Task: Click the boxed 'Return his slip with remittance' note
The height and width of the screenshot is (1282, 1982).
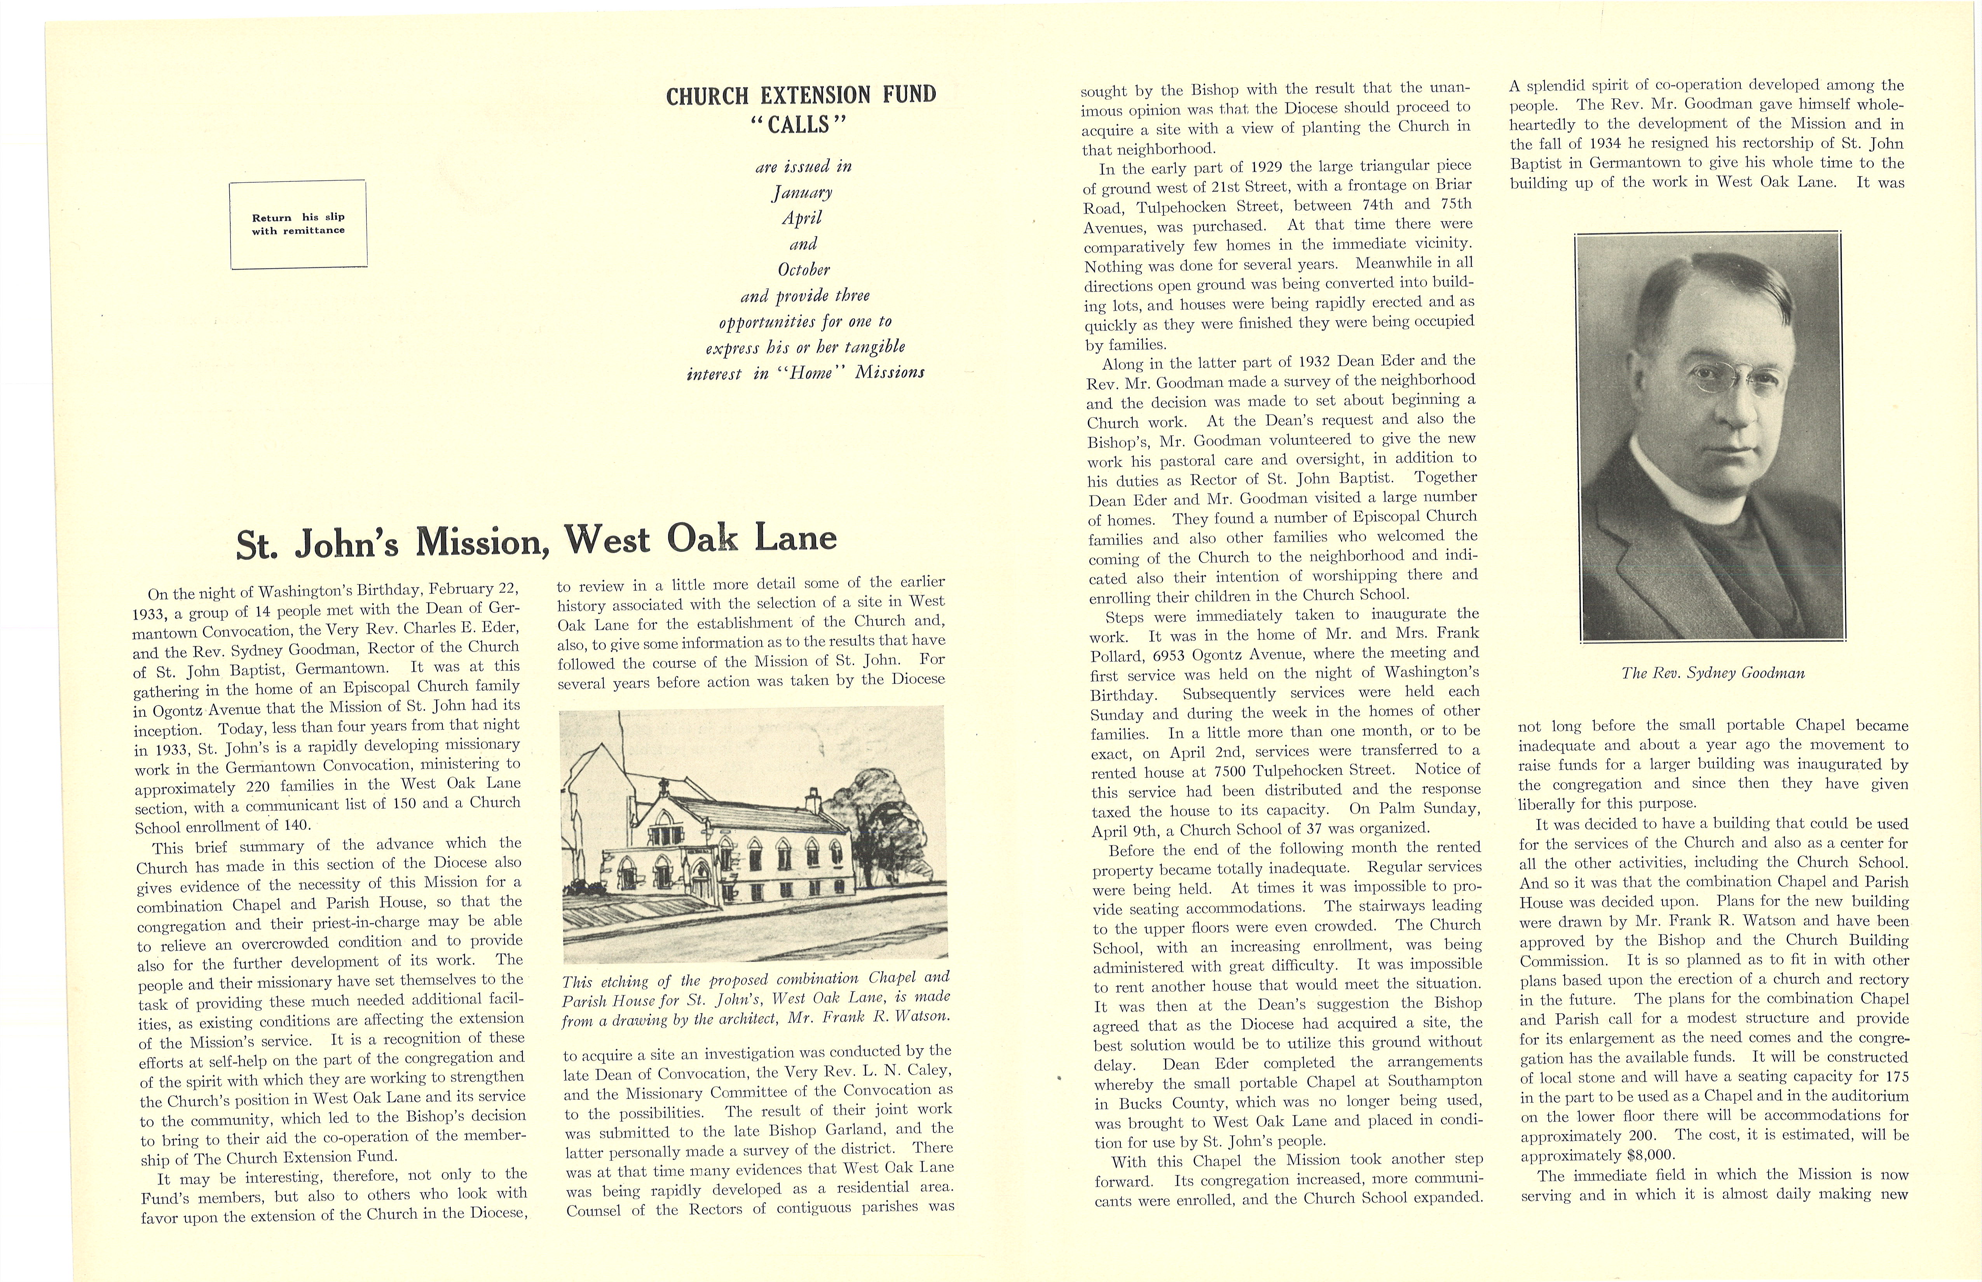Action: [x=298, y=224]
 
